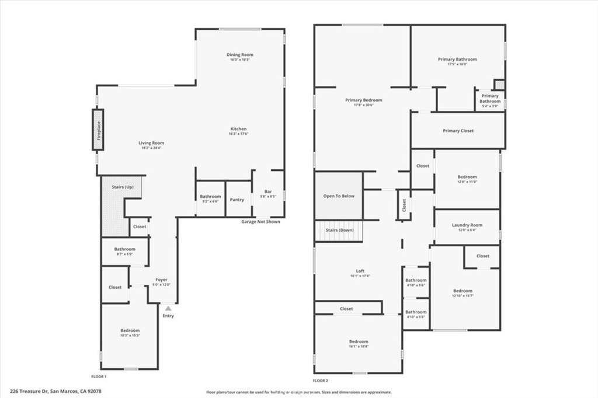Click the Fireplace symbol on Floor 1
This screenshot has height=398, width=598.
pyautogui.click(x=98, y=130)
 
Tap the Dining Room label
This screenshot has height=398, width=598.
pyautogui.click(x=240, y=55)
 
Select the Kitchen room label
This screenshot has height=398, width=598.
pyautogui.click(x=238, y=129)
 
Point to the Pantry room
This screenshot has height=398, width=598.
pyautogui.click(x=237, y=200)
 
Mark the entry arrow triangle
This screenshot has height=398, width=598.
pyautogui.click(x=168, y=308)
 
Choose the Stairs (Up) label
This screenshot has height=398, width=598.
pyautogui.click(x=122, y=187)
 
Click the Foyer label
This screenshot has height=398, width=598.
pyautogui.click(x=161, y=280)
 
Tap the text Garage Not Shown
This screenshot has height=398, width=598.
pyautogui.click(x=260, y=222)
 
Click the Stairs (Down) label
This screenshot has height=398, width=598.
pyautogui.click(x=339, y=231)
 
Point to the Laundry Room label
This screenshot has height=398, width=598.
pyautogui.click(x=467, y=225)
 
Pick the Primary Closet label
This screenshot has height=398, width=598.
pyautogui.click(x=458, y=131)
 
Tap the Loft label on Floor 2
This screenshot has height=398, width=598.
pyautogui.click(x=360, y=271)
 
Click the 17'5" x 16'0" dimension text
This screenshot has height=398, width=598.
pyautogui.click(x=457, y=64)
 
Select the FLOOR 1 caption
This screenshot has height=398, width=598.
pyautogui.click(x=99, y=377)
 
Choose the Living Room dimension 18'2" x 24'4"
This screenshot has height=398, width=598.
pyautogui.click(x=151, y=148)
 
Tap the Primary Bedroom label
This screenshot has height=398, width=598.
pyautogui.click(x=363, y=100)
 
